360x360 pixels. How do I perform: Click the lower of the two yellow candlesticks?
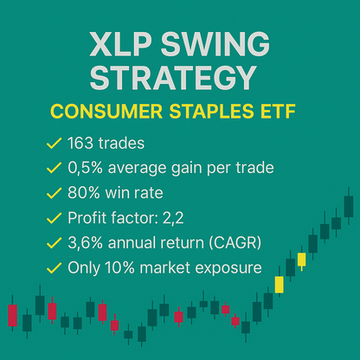point(280,285)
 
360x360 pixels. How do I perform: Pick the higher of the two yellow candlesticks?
point(301,259)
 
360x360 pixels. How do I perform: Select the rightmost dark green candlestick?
point(348,206)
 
